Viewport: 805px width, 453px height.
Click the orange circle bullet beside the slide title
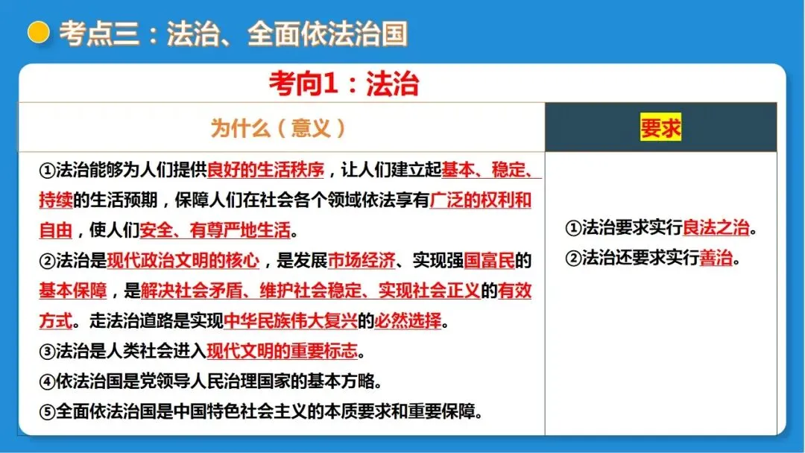38,33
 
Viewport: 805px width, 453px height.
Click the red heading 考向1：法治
344,84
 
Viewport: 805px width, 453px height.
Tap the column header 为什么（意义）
279,128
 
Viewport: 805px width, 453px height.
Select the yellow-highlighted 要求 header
660,128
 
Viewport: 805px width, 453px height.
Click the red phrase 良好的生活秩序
265,171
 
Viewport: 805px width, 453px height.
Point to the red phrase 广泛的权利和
481,200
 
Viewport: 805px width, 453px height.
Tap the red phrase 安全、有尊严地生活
215,230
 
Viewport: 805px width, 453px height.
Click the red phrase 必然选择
408,321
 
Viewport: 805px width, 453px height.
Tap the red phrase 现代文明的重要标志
282,351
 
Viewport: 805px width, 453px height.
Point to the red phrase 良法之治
716,228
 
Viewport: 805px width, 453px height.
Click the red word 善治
716,259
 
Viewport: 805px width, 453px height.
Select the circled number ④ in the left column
47,381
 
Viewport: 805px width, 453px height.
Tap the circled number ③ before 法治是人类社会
47,351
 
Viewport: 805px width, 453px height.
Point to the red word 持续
56,200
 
